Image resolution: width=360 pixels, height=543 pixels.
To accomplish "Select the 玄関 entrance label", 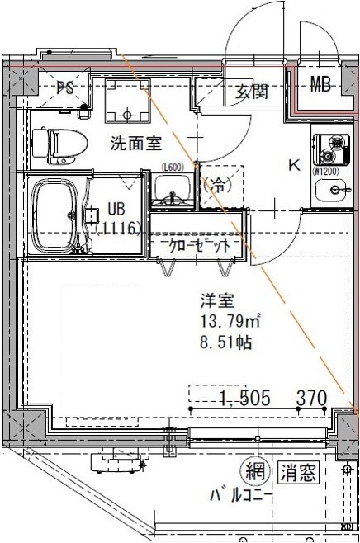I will coord(251,92).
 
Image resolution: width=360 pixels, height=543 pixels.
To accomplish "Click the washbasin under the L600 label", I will coord(173,196).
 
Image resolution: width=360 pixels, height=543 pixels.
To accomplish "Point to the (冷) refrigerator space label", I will coord(220,185).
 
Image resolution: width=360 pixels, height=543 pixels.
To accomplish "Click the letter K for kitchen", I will coord(293,164).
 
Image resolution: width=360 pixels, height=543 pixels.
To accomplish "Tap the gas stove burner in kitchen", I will coord(334,148).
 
